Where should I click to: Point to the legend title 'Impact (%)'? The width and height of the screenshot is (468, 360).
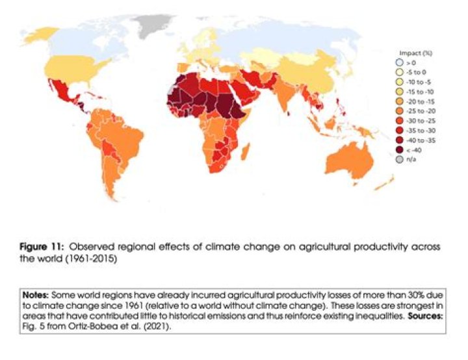click(x=414, y=53)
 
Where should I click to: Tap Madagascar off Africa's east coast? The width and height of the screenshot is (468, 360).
click(x=245, y=154)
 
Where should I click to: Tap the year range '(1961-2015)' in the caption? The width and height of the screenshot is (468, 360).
click(x=104, y=258)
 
